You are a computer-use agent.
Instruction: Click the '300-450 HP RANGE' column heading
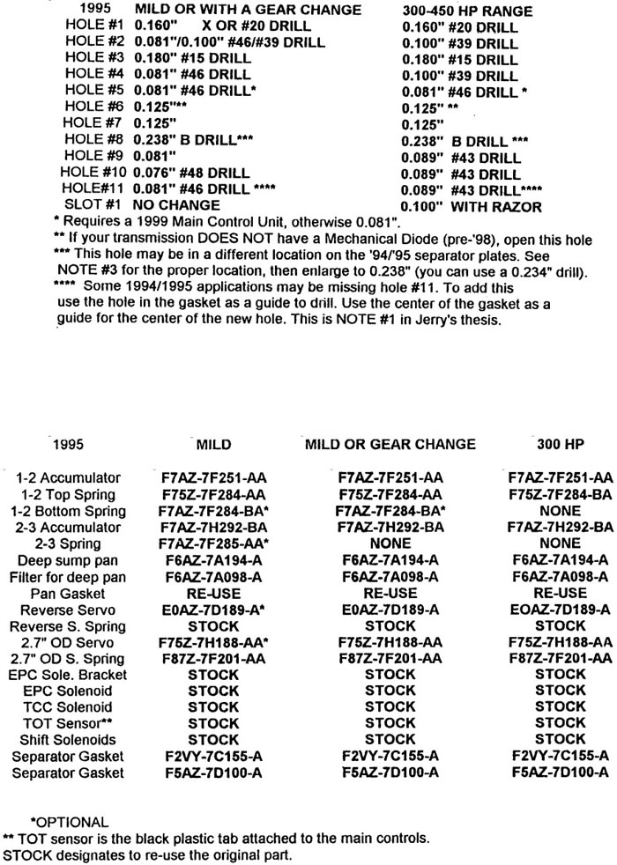[x=461, y=10]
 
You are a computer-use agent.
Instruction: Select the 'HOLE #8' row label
[x=94, y=138]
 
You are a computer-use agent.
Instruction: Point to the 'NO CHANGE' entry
[x=177, y=206]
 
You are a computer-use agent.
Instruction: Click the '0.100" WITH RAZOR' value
[x=470, y=206]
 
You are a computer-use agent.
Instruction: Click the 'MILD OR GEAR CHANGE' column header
[x=390, y=444]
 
